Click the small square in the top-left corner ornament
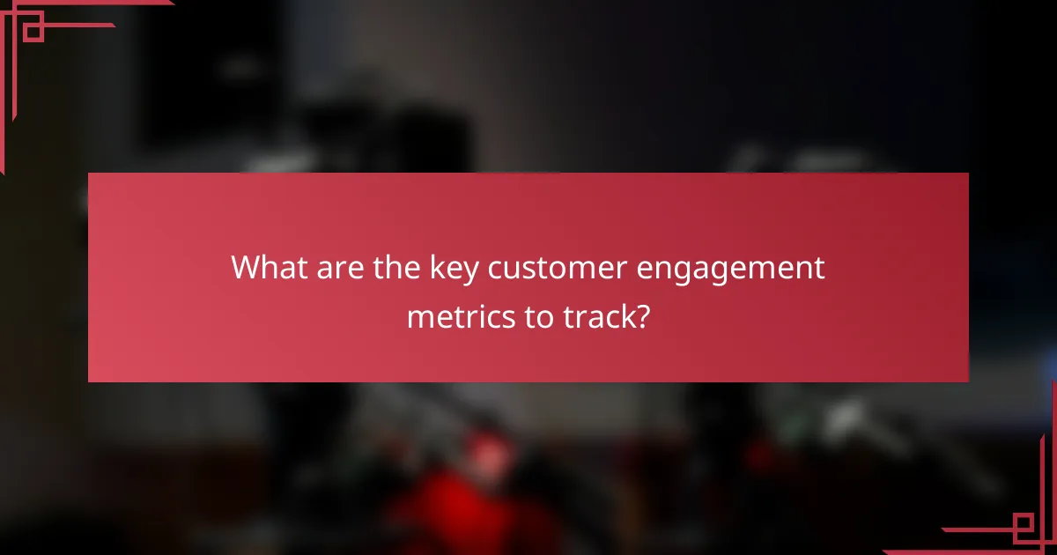click(33, 31)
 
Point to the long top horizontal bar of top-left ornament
click(88, 4)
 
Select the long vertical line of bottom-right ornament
click(1053, 467)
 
